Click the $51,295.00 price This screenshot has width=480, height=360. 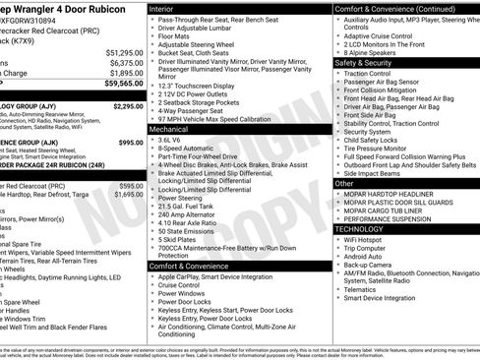[124, 51]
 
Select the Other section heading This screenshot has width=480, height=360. [344, 183]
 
